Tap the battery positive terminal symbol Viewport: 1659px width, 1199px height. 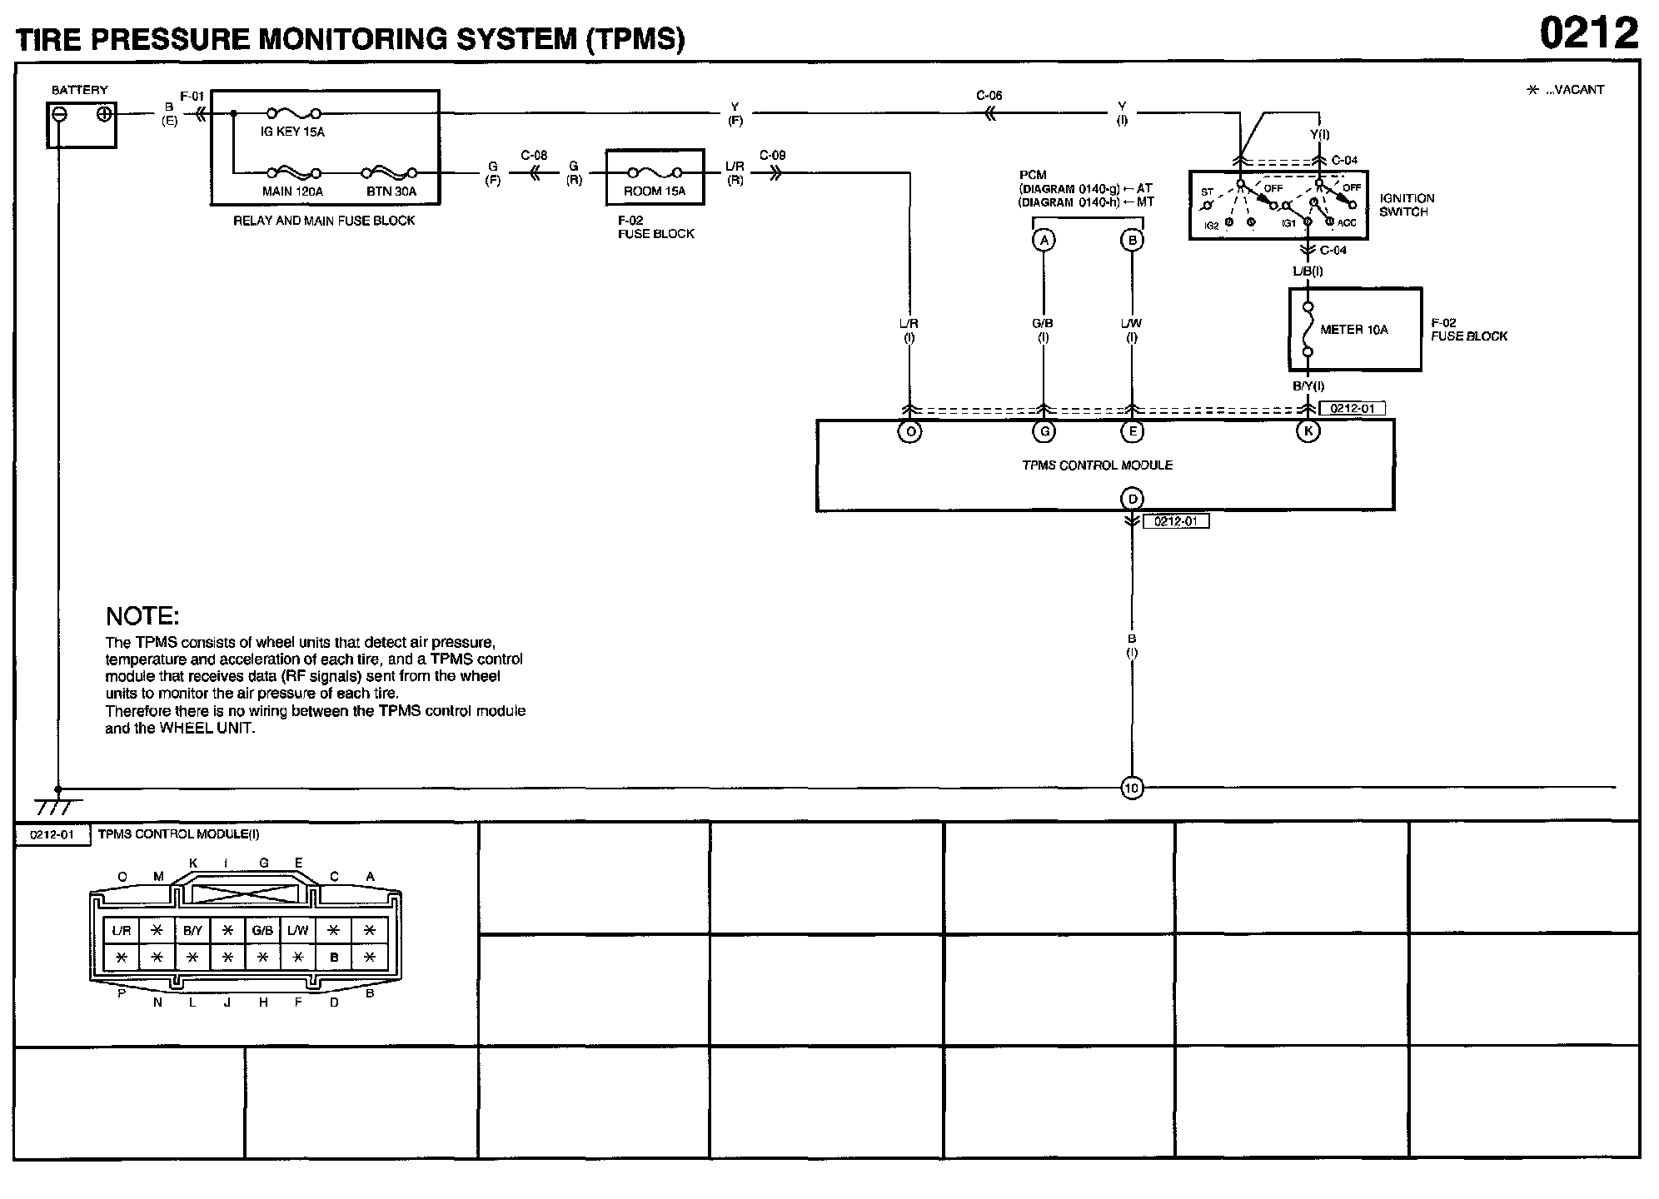tap(104, 114)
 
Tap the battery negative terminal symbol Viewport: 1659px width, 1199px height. tap(59, 114)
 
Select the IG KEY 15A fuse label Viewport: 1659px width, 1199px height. tap(292, 132)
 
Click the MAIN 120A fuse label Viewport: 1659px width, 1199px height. tap(292, 192)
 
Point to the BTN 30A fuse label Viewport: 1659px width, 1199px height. tap(391, 192)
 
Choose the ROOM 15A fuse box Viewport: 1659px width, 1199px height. tap(655, 177)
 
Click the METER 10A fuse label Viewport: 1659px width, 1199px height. tap(1354, 330)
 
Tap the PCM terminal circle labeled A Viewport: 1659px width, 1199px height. tap(1044, 241)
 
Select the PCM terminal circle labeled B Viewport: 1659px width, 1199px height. tap(1132, 241)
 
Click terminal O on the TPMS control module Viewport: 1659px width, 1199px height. tap(909, 431)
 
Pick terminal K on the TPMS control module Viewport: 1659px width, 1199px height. tap(1308, 431)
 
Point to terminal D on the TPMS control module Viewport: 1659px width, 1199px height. tap(1132, 499)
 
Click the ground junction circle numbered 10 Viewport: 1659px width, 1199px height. tap(1132, 788)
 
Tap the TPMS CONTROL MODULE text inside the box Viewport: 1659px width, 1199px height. tap(1097, 465)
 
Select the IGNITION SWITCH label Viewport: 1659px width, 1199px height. tap(1407, 205)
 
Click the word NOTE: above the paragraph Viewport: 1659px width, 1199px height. tap(142, 617)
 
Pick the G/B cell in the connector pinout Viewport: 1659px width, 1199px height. tap(262, 930)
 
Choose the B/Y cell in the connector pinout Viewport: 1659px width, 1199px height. tap(192, 930)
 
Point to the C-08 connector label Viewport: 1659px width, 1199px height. tap(534, 156)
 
